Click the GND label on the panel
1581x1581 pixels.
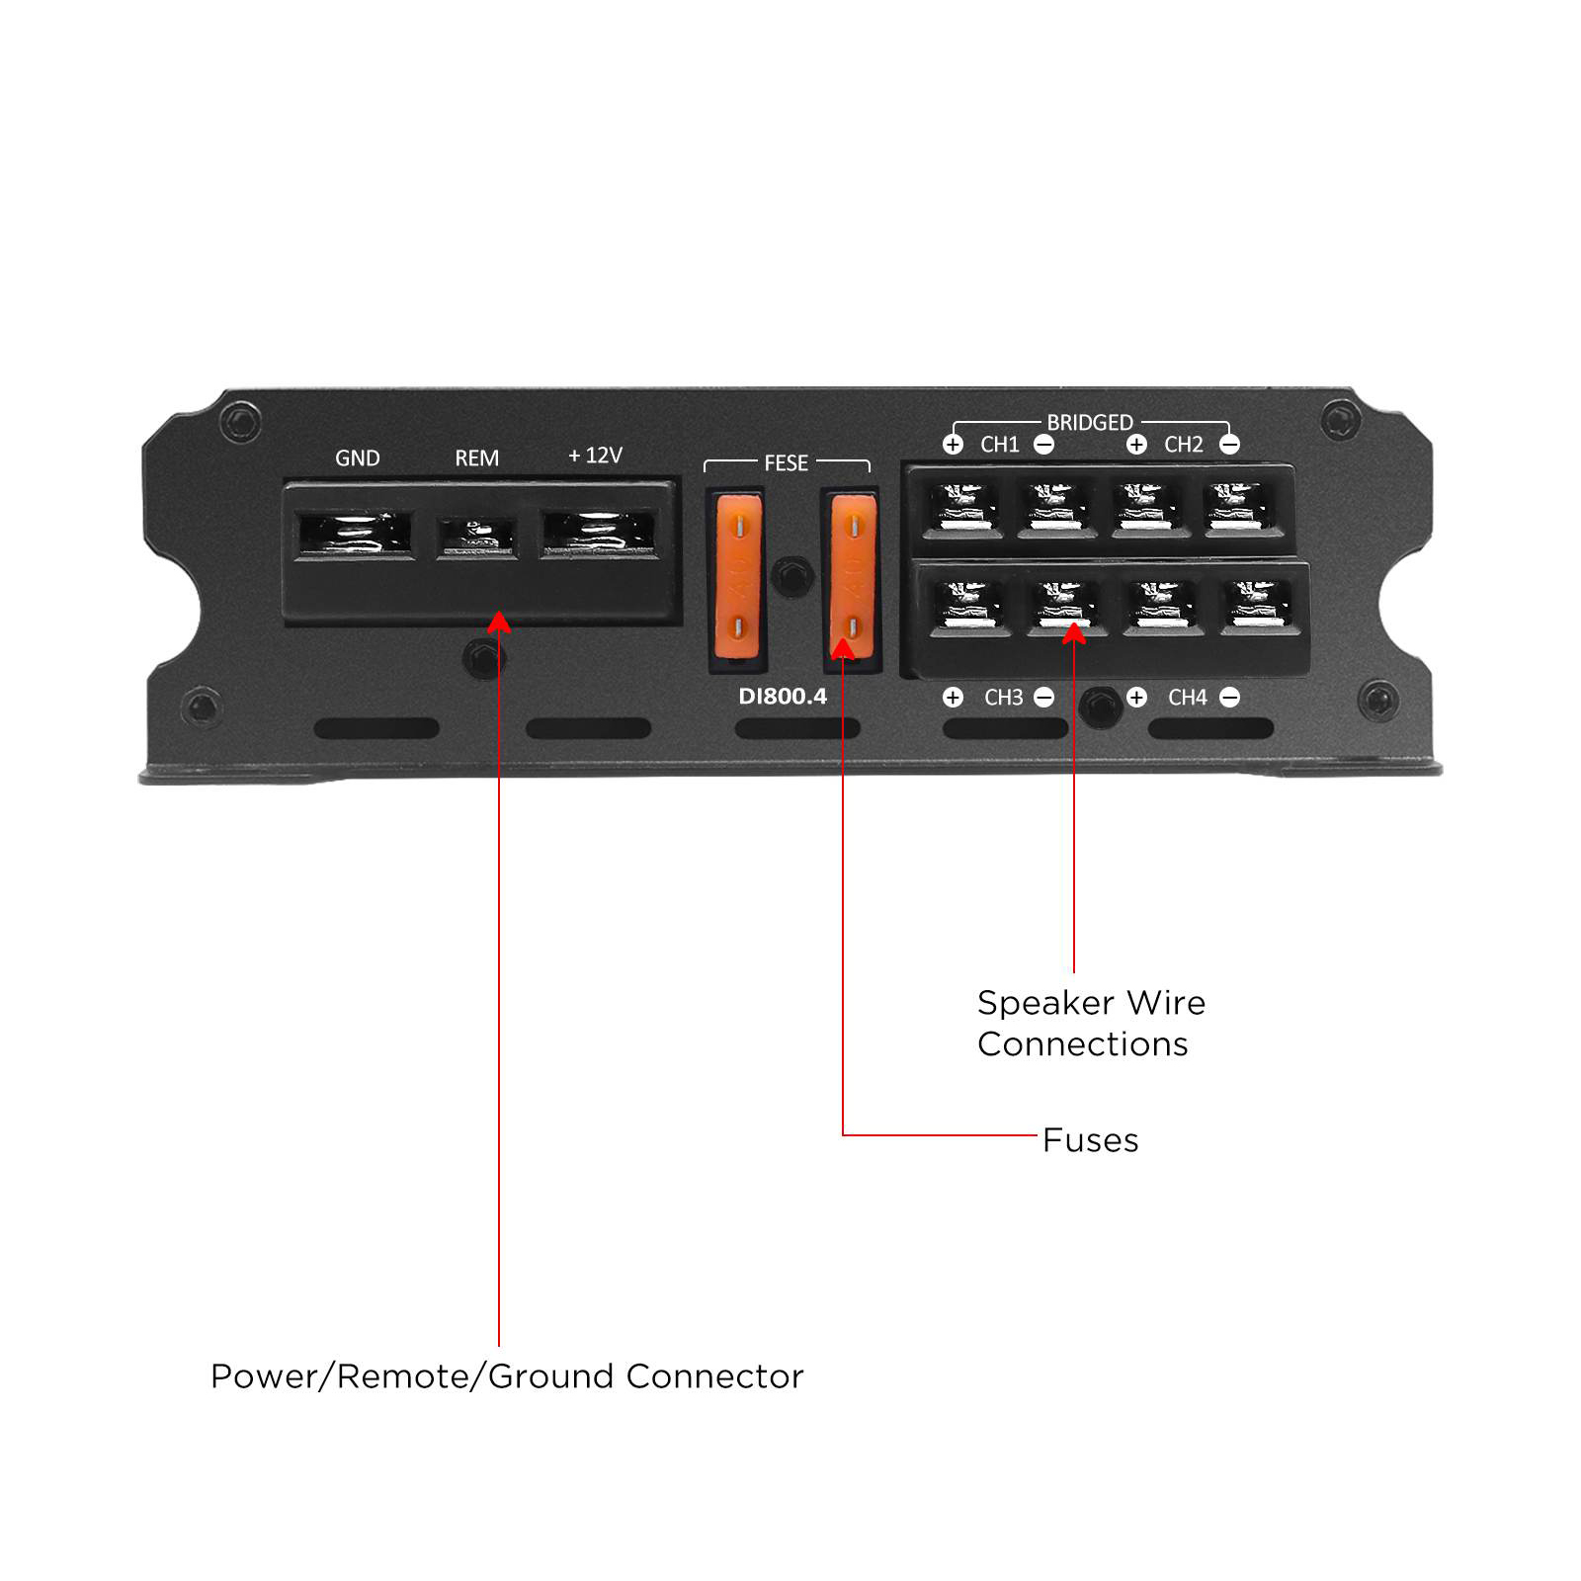click(357, 458)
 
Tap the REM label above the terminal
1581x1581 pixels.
click(476, 458)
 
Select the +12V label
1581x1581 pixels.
click(595, 456)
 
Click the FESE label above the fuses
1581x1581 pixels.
click(786, 463)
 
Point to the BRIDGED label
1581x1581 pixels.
click(1090, 423)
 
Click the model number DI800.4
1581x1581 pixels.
click(783, 697)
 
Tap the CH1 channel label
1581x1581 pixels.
click(999, 445)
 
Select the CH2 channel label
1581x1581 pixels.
click(1184, 445)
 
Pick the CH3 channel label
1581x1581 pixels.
click(1003, 698)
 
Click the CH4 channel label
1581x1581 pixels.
click(1188, 698)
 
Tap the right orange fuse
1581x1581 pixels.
click(852, 578)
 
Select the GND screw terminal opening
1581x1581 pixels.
click(355, 535)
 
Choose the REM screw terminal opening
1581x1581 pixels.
click(476, 538)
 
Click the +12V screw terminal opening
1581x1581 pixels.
click(599, 535)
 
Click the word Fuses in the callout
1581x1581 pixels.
click(1090, 1140)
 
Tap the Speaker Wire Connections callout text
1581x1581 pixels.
click(1091, 1024)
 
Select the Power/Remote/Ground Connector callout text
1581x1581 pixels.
click(507, 1376)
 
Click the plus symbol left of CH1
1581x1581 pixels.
click(953, 445)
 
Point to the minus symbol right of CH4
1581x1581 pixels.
click(1230, 698)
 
